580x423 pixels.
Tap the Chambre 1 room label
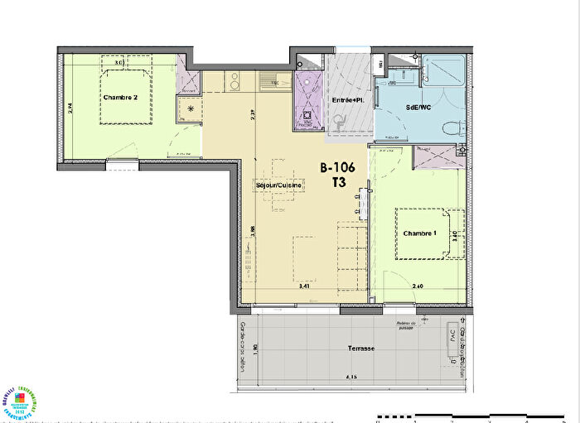(x=420, y=233)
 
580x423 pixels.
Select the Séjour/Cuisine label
(x=279, y=185)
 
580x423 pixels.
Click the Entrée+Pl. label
(x=347, y=100)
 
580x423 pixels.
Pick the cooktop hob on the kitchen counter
(x=234, y=81)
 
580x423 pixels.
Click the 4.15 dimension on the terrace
(x=354, y=378)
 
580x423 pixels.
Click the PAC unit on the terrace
(x=452, y=338)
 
